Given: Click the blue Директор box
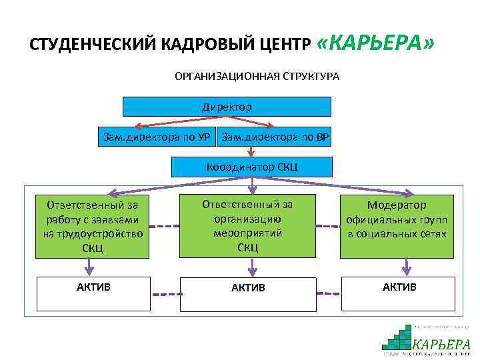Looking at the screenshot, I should click(227, 107).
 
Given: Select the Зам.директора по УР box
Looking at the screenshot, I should click(156, 137).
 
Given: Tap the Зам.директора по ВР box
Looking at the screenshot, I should click(275, 137).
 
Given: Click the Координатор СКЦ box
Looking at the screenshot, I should click(251, 167).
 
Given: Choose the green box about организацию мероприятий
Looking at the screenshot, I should click(247, 226).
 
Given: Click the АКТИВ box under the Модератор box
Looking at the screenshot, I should click(399, 293).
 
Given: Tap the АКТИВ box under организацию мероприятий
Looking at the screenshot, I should click(248, 293).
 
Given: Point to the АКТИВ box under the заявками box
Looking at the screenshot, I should click(93, 293).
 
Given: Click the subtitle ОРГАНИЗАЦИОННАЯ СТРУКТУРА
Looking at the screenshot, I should click(257, 77).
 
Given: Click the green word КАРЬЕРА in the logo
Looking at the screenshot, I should click(441, 344).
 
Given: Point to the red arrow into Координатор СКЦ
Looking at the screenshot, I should click(251, 152).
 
